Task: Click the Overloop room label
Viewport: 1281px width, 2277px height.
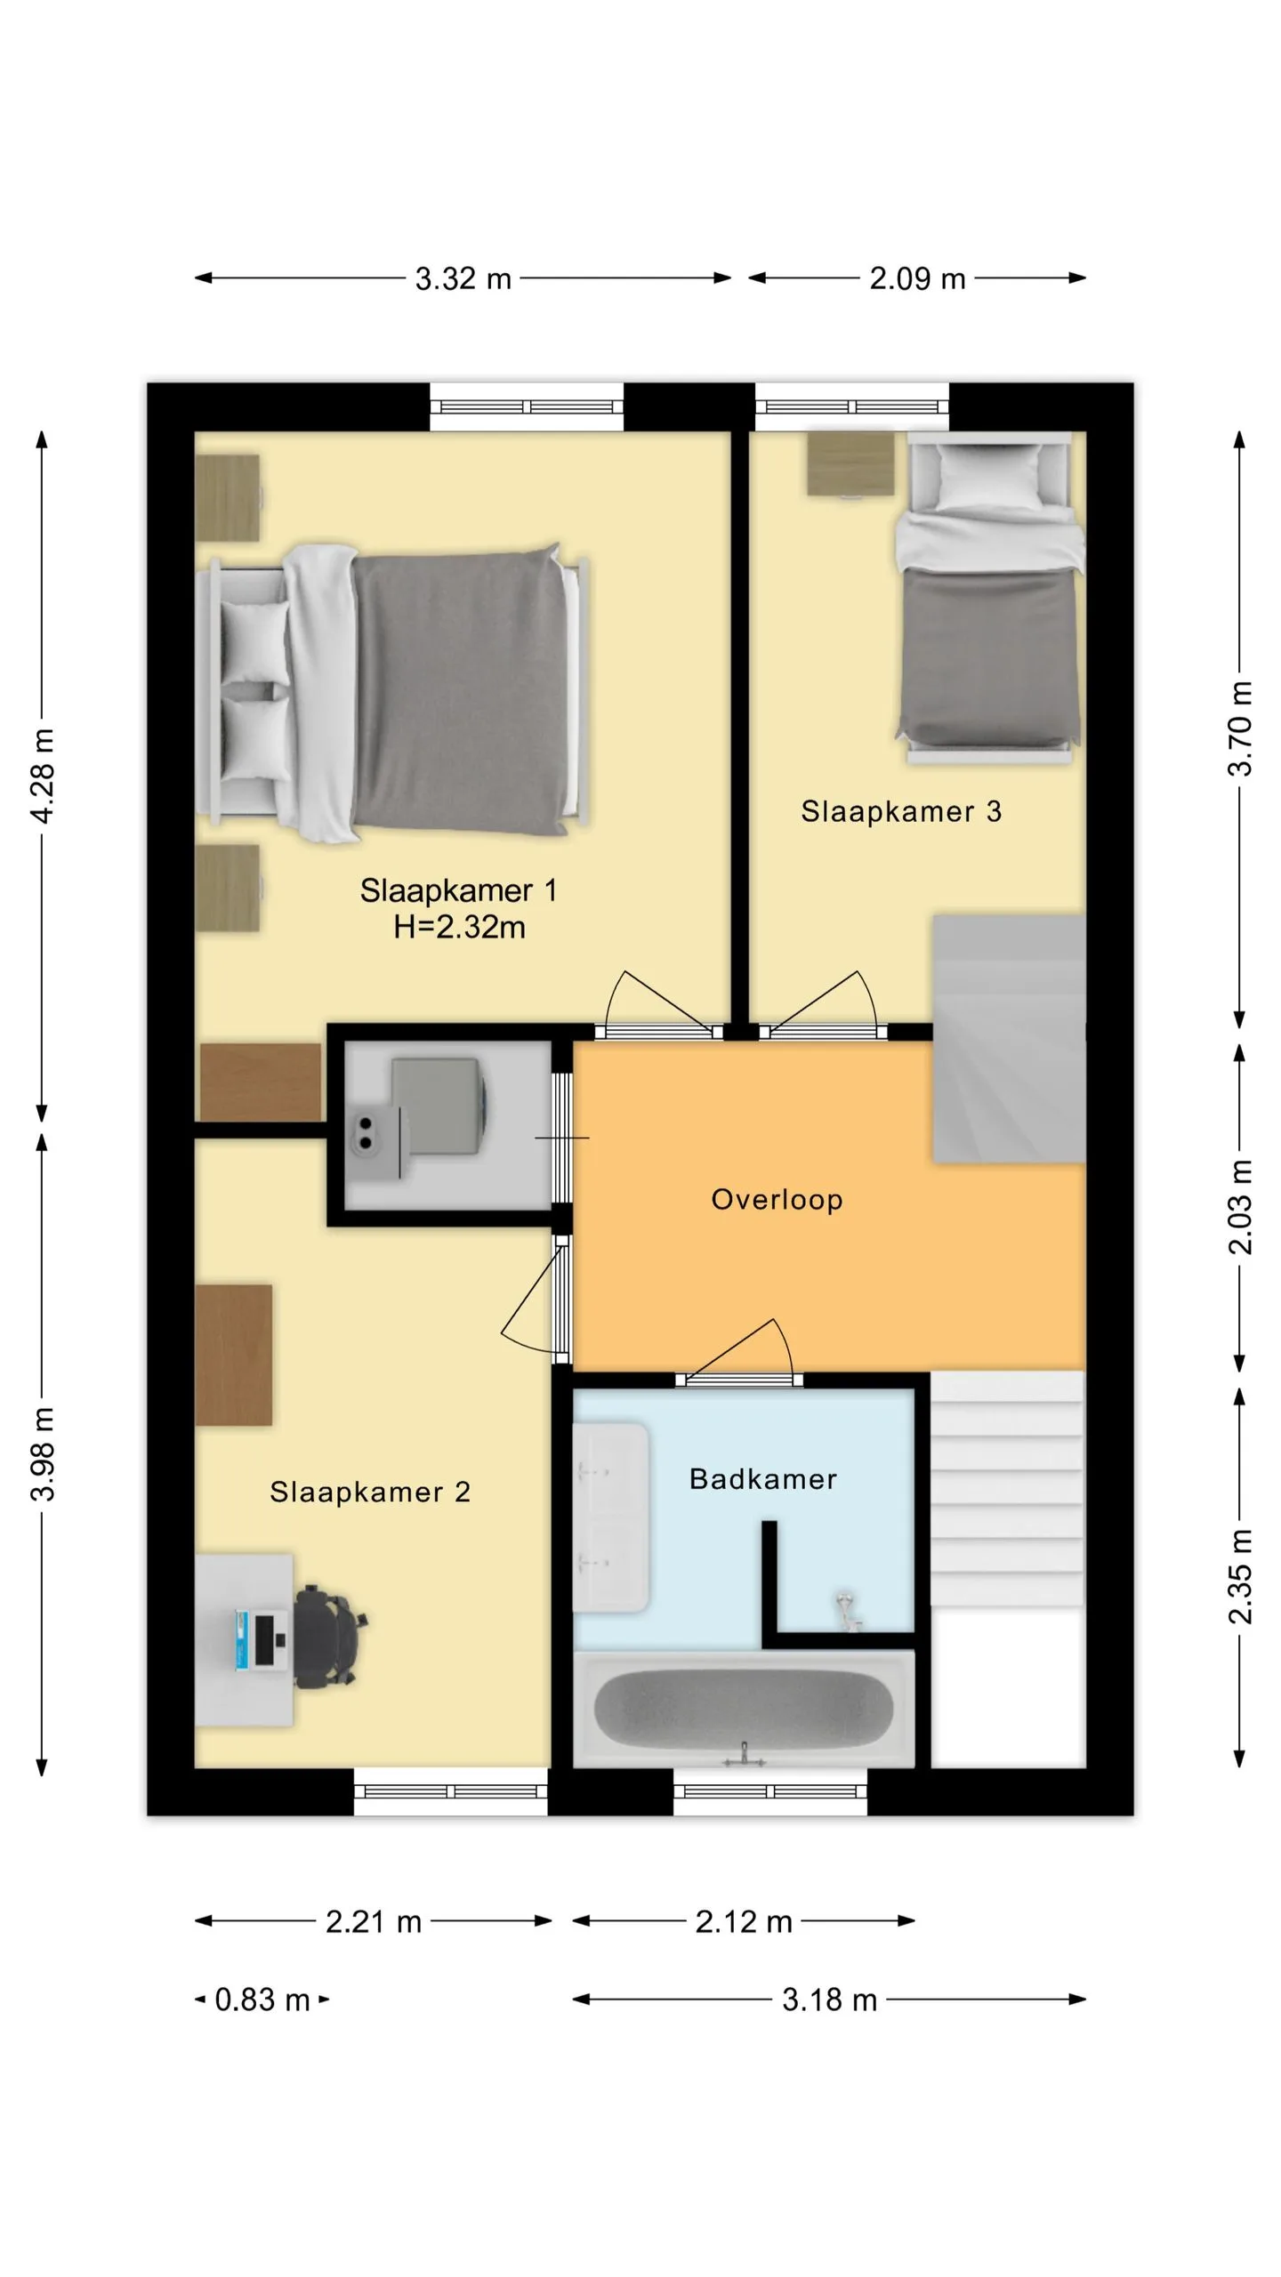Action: [777, 1199]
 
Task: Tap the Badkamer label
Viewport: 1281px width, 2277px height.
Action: [763, 1479]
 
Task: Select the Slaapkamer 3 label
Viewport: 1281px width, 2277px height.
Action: [901, 811]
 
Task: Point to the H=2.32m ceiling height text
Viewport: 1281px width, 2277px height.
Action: [459, 927]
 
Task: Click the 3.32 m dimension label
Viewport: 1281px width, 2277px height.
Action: [463, 278]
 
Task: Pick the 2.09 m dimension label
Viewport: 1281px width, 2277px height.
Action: [917, 278]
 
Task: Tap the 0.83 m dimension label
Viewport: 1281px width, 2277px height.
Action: [262, 1999]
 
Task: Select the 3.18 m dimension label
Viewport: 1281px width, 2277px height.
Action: [829, 1999]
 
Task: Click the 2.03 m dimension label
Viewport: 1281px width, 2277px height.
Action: [1241, 1207]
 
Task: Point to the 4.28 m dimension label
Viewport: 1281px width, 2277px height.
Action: [42, 776]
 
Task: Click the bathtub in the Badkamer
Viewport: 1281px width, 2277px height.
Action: [744, 1709]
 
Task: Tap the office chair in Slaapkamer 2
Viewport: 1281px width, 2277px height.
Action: [328, 1637]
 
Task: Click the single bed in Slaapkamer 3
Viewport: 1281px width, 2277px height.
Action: [989, 598]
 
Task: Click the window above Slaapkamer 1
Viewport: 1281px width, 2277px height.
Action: [527, 406]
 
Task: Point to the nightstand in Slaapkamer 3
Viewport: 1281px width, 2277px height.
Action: [850, 463]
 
